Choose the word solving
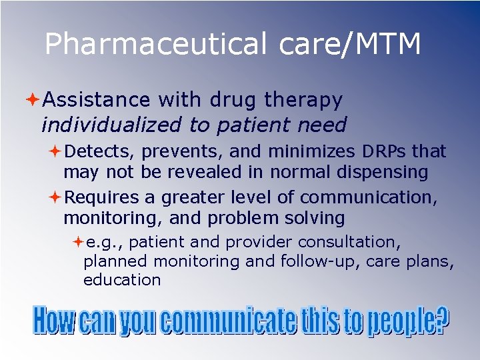312,218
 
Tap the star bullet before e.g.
77,241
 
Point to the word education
122,280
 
